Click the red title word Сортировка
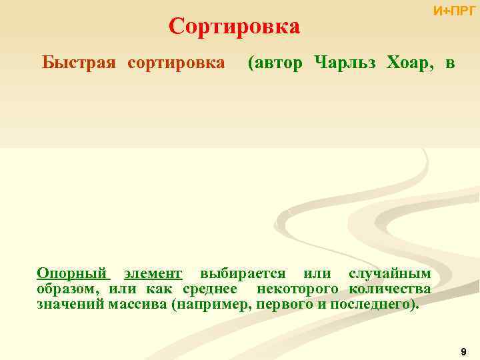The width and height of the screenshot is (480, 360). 235,27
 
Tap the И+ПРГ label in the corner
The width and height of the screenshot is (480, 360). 454,11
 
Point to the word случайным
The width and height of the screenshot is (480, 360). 390,274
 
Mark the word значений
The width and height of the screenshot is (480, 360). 69,305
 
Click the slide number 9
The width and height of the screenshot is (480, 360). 463,351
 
